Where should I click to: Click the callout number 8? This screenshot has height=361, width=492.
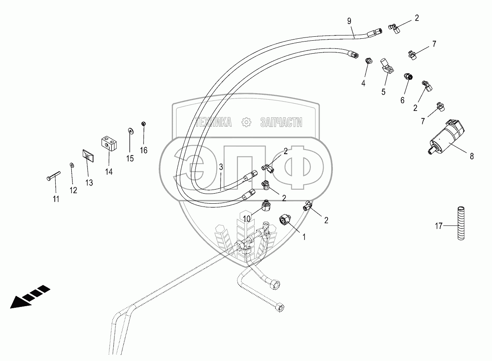[472, 155]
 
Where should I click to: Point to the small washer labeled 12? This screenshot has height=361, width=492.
[71, 165]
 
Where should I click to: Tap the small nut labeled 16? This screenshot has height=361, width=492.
[143, 123]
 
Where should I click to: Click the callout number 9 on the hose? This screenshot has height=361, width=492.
[349, 20]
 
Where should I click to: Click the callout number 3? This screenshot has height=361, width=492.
[221, 167]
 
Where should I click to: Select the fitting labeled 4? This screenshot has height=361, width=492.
[367, 61]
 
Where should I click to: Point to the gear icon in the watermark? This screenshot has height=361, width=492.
[246, 123]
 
